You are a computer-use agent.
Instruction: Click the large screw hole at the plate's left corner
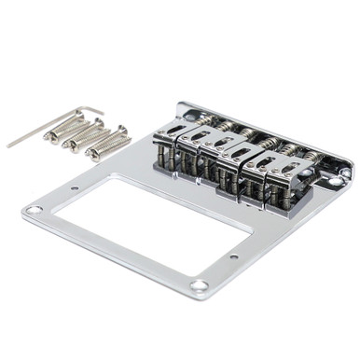pyautogui.click(x=35, y=211)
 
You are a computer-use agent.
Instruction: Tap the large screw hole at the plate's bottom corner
pyautogui.click(x=199, y=285)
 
